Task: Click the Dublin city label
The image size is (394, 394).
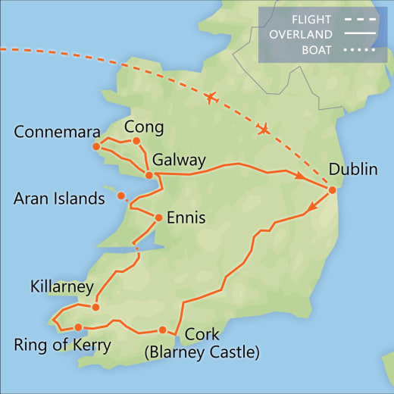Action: [x=352, y=169]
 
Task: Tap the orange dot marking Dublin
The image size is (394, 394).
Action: [x=332, y=189]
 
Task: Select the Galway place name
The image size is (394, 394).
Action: [x=179, y=161]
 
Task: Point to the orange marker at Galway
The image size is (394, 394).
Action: [x=149, y=176]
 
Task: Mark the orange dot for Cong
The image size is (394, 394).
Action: [x=136, y=140]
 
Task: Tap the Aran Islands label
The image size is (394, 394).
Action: [x=59, y=199]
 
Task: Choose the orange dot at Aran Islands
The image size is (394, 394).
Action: [x=120, y=196]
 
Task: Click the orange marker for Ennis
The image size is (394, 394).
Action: [x=158, y=218]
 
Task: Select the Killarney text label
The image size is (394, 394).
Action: [x=61, y=287]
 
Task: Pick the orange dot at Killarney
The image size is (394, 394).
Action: [x=95, y=307]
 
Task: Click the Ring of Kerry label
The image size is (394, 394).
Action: [x=62, y=346]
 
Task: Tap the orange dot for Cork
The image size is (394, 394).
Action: [x=163, y=330]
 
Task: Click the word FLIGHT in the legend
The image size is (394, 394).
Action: [x=312, y=19]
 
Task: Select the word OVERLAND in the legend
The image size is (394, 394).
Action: [x=300, y=35]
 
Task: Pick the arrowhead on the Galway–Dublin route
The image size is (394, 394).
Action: [x=299, y=176]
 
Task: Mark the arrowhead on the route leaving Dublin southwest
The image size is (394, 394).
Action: [x=311, y=208]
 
